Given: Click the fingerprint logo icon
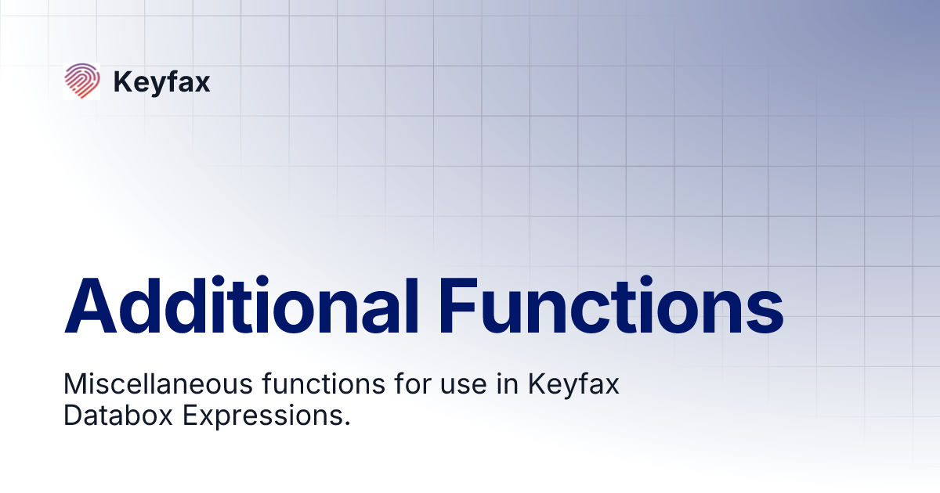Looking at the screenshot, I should click(81, 81).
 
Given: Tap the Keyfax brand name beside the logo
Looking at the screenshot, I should click(161, 81).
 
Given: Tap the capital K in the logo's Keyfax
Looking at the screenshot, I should click(121, 81).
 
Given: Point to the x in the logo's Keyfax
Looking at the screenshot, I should click(203, 84).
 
